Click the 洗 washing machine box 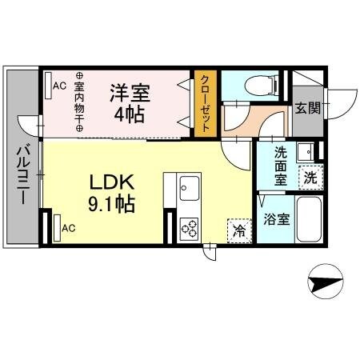point(308,178)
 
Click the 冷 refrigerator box point(238,230)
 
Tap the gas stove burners point(190,227)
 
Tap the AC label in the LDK point(69,228)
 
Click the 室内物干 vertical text point(79,100)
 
